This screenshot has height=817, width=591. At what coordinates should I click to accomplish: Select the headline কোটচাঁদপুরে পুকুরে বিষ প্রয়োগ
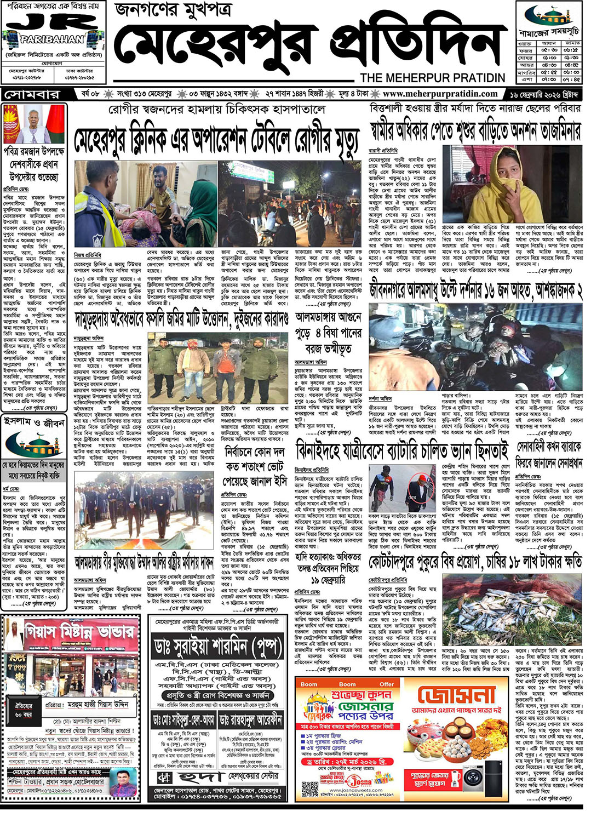pos(475,562)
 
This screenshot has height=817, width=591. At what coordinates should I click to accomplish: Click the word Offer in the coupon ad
pos(387,684)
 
